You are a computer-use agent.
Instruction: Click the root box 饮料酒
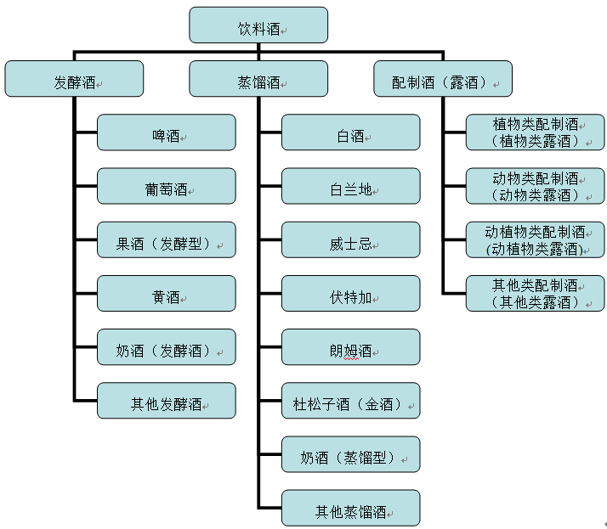pos(258,25)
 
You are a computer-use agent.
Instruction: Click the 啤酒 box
pos(167,132)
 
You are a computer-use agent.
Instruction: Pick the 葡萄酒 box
pos(167,186)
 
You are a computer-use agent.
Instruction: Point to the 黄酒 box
pos(167,294)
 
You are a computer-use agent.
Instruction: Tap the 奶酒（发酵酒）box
pos(167,347)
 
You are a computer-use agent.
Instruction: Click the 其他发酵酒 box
pos(167,401)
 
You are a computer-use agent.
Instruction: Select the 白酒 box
pos(351,132)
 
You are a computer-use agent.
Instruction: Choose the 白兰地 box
pos(351,186)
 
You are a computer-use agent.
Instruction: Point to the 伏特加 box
pos(351,294)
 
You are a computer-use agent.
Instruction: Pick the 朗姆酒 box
pos(351,347)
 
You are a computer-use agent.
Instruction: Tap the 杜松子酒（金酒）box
pos(351,401)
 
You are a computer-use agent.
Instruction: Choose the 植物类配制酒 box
pos(536,132)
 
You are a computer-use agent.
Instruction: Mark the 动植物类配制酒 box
pos(536,239)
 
